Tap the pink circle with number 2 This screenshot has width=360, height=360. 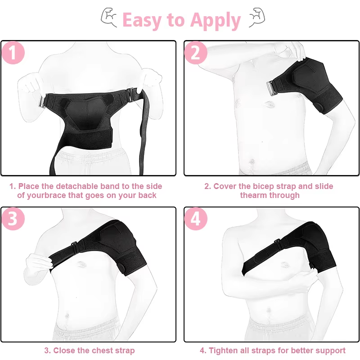(x=196, y=53)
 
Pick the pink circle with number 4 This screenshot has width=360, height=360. (x=196, y=219)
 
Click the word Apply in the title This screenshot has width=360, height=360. (x=216, y=21)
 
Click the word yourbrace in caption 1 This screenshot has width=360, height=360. (x=47, y=195)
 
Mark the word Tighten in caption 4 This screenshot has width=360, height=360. (x=224, y=351)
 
